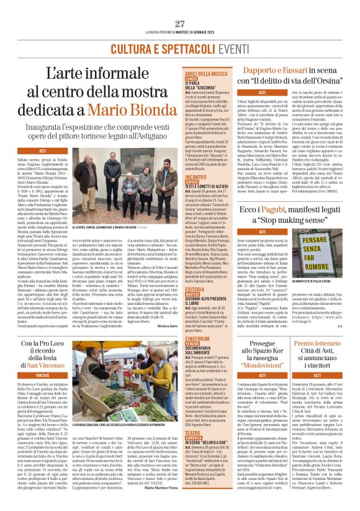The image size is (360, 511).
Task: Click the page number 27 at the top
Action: pos(180,24)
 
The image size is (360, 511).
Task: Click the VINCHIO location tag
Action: pos(43,376)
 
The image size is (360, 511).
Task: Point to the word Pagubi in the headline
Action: pos(269,211)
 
